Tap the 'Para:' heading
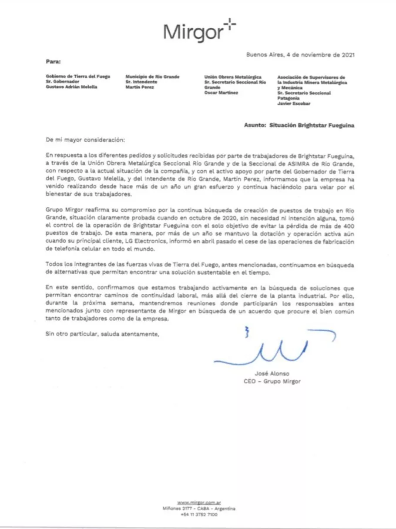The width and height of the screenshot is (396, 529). [53, 61]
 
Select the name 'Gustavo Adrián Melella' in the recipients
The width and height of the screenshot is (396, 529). [72, 86]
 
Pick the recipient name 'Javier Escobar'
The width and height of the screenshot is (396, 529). [294, 103]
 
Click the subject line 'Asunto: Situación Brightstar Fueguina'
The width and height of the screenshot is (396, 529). [299, 125]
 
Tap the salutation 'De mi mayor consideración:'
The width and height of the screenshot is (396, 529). [85, 140]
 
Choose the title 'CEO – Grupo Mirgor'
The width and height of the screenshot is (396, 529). [272, 382]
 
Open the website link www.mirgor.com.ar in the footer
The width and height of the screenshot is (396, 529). [198, 502]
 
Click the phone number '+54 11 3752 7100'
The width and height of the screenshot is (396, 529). [198, 515]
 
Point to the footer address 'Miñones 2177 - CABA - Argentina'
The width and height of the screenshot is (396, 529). [198, 509]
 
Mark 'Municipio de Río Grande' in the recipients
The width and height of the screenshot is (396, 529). [152, 76]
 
